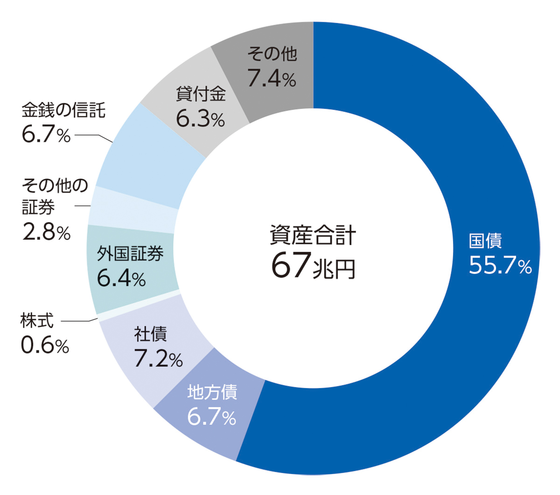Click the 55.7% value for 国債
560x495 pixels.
click(x=500, y=266)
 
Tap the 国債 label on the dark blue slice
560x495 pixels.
click(x=485, y=241)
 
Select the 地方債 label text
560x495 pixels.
click(x=212, y=392)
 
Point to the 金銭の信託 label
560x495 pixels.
click(x=63, y=111)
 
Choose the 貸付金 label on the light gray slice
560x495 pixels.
click(x=201, y=94)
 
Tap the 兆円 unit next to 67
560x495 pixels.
click(x=334, y=269)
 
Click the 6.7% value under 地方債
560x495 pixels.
click(x=212, y=417)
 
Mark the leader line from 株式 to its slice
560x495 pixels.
click(x=78, y=321)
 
